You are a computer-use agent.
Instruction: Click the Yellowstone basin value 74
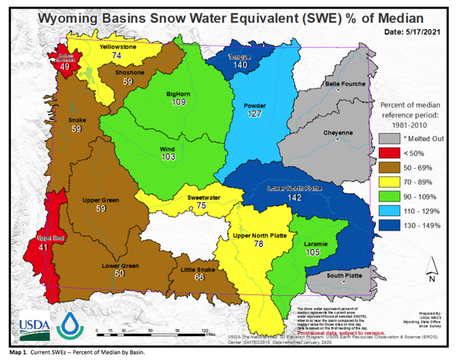[116, 55]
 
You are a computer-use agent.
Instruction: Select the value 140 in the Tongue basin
[241, 66]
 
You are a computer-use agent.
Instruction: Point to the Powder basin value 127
[255, 113]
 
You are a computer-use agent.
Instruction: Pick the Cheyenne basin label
[337, 133]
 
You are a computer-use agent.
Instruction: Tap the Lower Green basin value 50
[120, 274]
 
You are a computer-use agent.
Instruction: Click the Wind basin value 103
[168, 157]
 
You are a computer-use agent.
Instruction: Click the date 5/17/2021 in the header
[416, 32]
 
